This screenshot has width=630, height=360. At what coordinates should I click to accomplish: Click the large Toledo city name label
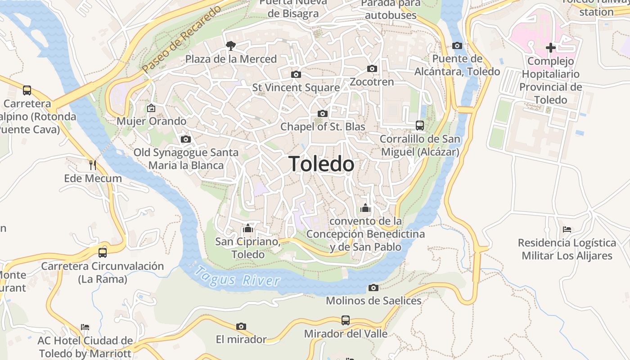321,164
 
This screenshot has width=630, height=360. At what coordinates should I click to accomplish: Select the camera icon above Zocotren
372,68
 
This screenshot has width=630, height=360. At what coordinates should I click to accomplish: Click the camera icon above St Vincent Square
296,74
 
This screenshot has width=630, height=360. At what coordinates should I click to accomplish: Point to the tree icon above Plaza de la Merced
231,45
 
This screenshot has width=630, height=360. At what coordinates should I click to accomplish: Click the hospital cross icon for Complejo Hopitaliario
550,47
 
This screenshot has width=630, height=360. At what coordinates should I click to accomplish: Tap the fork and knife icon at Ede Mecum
93,165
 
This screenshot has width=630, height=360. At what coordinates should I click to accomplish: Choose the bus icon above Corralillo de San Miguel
419,126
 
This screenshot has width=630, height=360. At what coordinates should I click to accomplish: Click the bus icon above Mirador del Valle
345,320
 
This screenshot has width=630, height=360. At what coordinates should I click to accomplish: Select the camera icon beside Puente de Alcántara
457,45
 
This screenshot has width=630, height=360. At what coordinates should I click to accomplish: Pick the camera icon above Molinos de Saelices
373,288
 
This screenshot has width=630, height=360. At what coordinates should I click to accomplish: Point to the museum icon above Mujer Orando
151,108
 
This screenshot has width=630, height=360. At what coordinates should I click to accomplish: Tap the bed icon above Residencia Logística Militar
567,229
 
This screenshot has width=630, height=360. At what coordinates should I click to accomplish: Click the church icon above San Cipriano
247,228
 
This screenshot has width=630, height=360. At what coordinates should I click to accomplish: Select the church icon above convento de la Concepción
365,208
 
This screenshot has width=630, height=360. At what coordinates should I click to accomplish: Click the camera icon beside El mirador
241,326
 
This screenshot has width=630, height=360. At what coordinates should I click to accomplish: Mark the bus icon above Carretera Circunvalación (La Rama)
103,252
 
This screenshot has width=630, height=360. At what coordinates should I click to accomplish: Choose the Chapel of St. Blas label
323,127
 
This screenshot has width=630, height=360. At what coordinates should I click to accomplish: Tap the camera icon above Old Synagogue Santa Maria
185,139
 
